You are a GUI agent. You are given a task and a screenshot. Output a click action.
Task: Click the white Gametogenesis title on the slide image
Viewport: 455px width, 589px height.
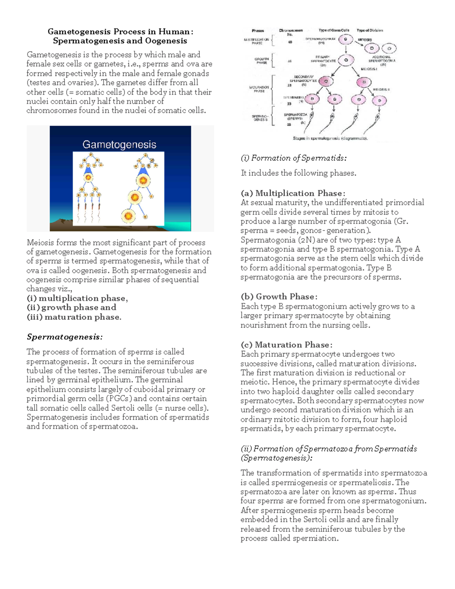click(x=119, y=145)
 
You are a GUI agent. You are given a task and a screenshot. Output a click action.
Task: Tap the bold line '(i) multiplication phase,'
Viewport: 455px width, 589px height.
click(x=77, y=298)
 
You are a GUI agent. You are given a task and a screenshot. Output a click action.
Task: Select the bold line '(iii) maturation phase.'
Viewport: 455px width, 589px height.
click(x=74, y=317)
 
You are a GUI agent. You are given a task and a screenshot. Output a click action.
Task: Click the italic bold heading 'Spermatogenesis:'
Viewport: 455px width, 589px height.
click(x=64, y=337)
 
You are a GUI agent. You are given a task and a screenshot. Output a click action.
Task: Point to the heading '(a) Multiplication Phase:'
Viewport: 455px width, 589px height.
click(x=293, y=193)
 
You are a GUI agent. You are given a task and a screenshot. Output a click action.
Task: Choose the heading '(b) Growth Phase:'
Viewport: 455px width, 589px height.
click(x=279, y=297)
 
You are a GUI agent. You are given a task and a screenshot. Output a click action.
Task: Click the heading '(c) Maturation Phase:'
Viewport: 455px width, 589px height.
click(x=286, y=345)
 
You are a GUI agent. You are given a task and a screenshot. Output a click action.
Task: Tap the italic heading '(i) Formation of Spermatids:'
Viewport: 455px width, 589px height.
click(x=293, y=158)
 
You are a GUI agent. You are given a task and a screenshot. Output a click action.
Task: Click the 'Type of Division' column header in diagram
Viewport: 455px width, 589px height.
click(x=370, y=30)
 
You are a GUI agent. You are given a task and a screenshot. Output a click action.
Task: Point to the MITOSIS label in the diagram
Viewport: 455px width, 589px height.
click(x=365, y=39)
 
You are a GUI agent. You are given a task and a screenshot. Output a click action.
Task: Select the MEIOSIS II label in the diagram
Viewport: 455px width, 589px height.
click(x=381, y=90)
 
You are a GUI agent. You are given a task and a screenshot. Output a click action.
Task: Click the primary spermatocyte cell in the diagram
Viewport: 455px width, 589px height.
click(x=346, y=60)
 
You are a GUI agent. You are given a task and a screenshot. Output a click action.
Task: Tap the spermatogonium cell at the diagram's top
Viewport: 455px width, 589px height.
click(x=345, y=39)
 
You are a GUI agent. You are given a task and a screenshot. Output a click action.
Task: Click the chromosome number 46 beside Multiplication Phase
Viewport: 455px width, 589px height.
click(x=290, y=42)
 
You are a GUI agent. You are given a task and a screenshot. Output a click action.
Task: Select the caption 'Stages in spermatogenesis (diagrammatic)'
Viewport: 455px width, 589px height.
click(x=330, y=138)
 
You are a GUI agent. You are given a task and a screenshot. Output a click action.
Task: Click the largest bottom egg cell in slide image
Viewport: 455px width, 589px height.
click(x=129, y=216)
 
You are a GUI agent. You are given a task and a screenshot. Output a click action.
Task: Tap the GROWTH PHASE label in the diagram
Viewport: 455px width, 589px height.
click(x=262, y=61)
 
